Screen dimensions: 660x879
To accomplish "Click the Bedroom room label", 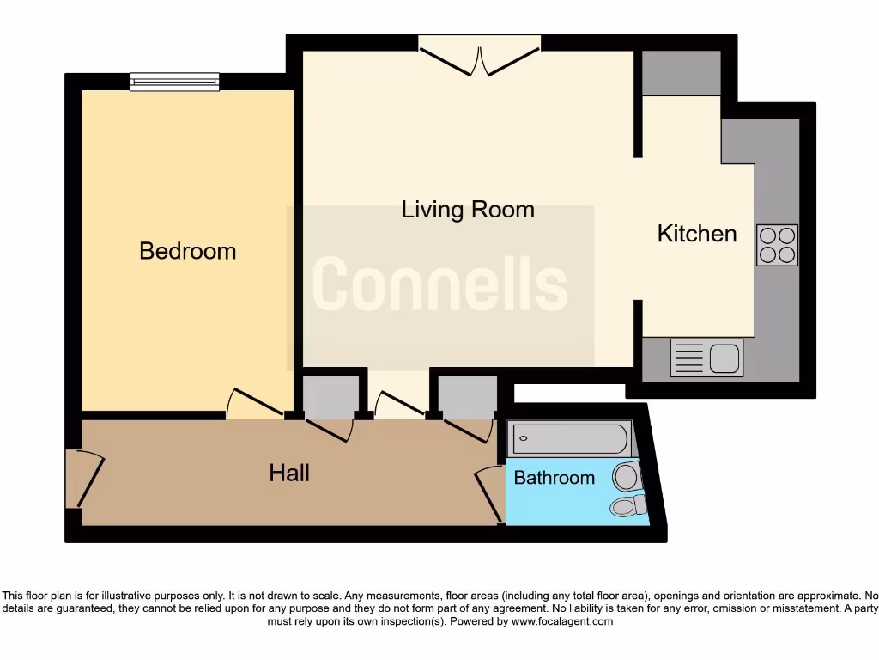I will coord(187,251).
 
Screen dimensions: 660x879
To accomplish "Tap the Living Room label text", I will coord(468,210).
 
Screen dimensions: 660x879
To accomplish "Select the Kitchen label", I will coord(696,234).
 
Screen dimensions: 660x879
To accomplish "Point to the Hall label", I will coord(289,473).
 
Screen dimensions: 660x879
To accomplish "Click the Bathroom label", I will coord(554,478).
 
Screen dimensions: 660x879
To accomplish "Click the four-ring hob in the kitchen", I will coord(777,244).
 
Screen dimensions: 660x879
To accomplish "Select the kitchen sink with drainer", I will coord(706,357).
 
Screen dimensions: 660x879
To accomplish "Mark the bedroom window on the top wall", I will coord(174,82).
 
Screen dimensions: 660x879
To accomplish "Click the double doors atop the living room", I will coord(480,55).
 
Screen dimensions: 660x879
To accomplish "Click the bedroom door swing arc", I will coord(256,404).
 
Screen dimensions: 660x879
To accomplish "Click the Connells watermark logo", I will coord(439,285).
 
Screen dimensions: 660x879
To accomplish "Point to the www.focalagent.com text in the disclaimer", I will coord(563,621).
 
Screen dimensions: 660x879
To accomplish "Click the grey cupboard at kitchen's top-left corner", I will coord(682,73).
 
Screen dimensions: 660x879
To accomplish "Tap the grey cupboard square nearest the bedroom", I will coord(330,395).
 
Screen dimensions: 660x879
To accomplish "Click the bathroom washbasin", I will coord(627,474).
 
